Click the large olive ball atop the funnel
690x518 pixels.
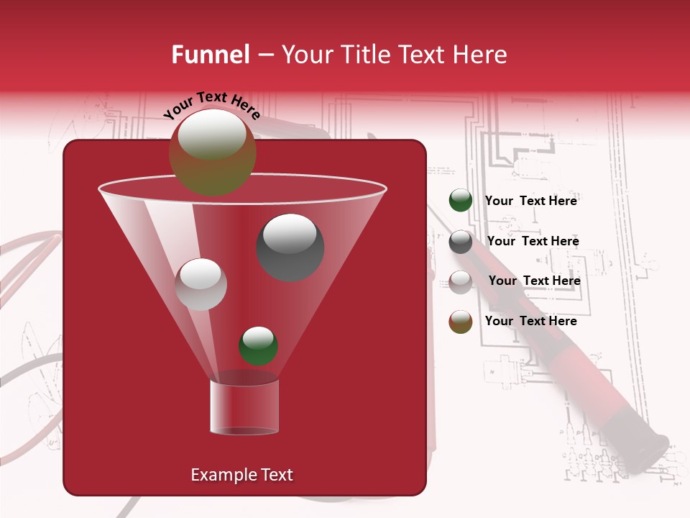pyautogui.click(x=212, y=153)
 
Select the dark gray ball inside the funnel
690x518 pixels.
pyautogui.click(x=290, y=247)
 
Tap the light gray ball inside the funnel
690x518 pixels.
pyautogui.click(x=201, y=284)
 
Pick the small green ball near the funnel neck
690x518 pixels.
pyautogui.click(x=258, y=346)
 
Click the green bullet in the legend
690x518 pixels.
pyautogui.click(x=461, y=201)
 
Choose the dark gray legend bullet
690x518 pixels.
pyautogui.click(x=461, y=242)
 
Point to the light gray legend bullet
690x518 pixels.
pyautogui.click(x=461, y=281)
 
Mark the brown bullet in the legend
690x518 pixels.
pyautogui.click(x=461, y=322)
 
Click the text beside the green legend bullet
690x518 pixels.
pyautogui.click(x=531, y=201)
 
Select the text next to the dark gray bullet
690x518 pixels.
pyautogui.click(x=533, y=241)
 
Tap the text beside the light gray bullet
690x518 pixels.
pyautogui.click(x=534, y=281)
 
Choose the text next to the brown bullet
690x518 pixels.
pyautogui.click(x=531, y=321)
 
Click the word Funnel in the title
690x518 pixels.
pyautogui.click(x=210, y=55)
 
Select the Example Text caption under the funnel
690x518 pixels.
pyautogui.click(x=241, y=475)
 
